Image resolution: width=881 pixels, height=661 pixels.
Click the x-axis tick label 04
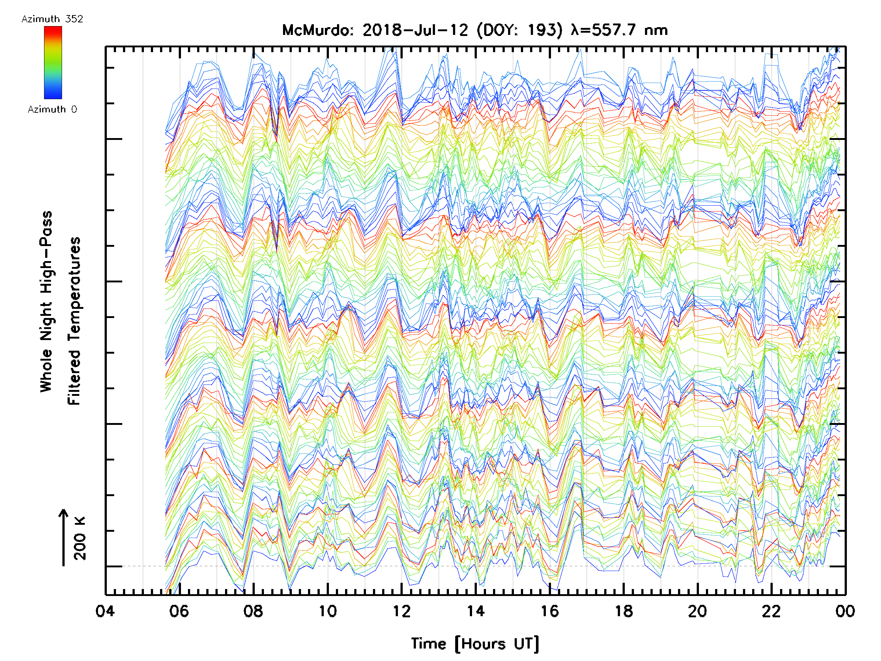tap(105, 611)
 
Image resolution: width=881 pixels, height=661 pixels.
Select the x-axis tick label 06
tap(179, 611)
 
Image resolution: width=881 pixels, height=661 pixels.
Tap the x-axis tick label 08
tap(253, 611)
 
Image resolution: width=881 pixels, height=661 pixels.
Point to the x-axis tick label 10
tap(327, 611)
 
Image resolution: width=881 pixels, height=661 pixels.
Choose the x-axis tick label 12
tap(402, 611)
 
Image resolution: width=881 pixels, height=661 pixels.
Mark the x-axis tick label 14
tap(475, 611)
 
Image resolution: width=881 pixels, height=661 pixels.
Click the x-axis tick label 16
tap(550, 611)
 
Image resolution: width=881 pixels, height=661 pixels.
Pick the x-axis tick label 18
tap(624, 611)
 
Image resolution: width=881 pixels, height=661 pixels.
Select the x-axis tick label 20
tap(697, 611)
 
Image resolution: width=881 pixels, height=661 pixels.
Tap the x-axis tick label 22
tap(772, 611)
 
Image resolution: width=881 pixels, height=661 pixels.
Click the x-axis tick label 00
tap(845, 611)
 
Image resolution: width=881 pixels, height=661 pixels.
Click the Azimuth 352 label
tap(52, 19)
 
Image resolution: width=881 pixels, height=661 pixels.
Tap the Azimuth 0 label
tap(52, 109)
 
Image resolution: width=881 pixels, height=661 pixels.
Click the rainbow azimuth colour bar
tap(53, 62)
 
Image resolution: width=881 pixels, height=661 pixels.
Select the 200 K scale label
tap(80, 538)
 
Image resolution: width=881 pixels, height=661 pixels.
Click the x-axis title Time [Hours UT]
tap(475, 644)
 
